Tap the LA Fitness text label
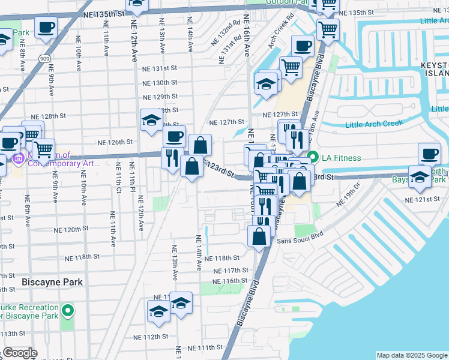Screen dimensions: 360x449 (x=340, y=158)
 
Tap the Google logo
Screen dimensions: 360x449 (x=20, y=353)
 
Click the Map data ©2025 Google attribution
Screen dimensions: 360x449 (x=412, y=355)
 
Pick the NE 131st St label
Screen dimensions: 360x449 (x=160, y=69)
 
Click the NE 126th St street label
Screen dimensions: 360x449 (x=115, y=142)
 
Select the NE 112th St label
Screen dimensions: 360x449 (x=149, y=337)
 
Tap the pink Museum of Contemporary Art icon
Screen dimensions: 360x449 (x=18, y=160)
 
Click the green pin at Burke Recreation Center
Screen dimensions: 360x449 (x=68, y=310)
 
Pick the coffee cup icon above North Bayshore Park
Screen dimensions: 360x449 (x=429, y=153)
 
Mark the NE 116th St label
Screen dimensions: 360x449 (x=230, y=281)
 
